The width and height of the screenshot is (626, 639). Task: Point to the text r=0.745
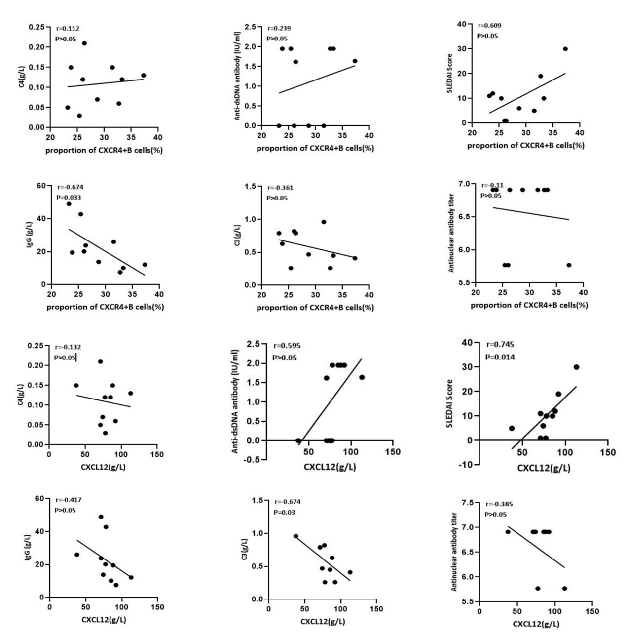point(500,345)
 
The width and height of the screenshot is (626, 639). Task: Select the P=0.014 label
point(500,357)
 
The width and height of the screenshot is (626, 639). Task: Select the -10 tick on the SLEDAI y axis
point(466,465)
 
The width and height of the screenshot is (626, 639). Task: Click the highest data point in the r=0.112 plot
point(84,43)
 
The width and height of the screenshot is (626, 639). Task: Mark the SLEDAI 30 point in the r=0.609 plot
point(565,49)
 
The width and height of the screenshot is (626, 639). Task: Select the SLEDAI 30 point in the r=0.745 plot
point(576,367)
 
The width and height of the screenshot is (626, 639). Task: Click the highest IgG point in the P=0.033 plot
point(69,204)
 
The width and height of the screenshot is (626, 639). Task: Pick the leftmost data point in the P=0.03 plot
point(295,536)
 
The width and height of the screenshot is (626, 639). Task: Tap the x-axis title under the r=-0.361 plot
point(315,308)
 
